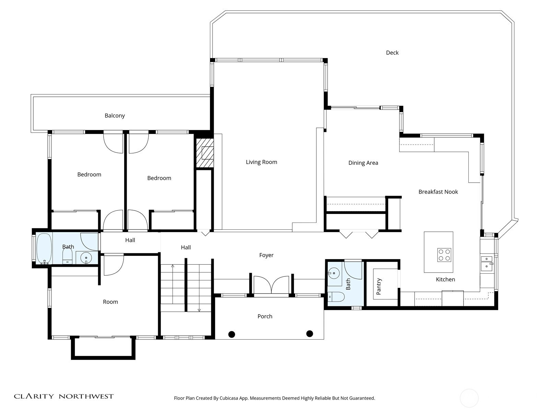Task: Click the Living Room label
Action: [x=261, y=162]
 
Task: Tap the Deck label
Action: [x=392, y=53]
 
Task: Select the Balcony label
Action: [x=115, y=116]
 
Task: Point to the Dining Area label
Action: [x=363, y=163]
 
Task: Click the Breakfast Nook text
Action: [x=438, y=192]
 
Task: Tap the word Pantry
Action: [x=379, y=286]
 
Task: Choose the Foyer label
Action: [x=266, y=255]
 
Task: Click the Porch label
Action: [x=265, y=316]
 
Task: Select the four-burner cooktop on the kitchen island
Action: [x=444, y=255]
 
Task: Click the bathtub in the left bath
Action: [x=44, y=249]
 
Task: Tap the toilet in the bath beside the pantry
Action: [x=336, y=297]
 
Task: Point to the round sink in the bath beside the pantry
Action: [x=334, y=273]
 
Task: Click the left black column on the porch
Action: [x=232, y=334]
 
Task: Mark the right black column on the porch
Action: [x=309, y=334]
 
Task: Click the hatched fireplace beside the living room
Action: [x=205, y=153]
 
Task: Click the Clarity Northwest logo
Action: [x=63, y=396]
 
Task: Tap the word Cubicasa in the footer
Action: [x=229, y=398]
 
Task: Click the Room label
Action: [x=110, y=302]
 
